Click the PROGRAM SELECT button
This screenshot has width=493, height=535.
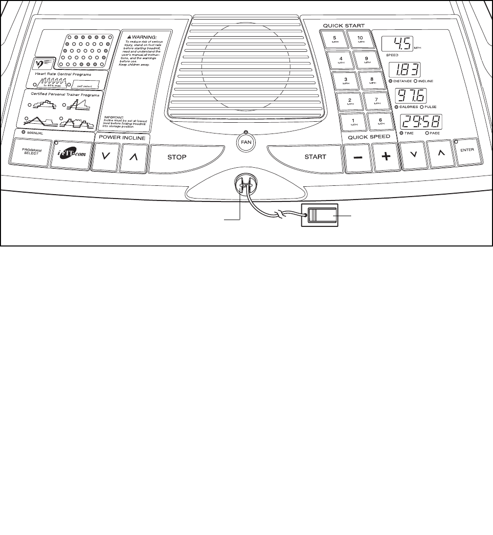pyautogui.click(x=31, y=153)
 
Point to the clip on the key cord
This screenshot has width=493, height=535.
pyautogui.click(x=320, y=215)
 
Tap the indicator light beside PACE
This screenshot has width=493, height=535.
pyautogui.click(x=427, y=133)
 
